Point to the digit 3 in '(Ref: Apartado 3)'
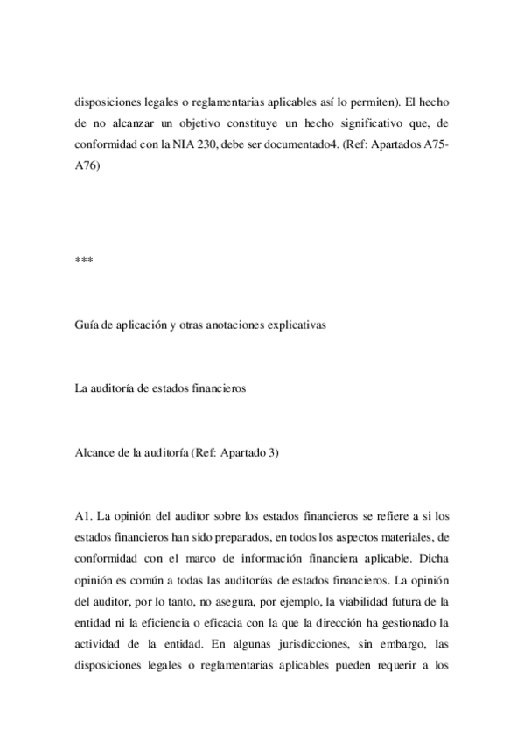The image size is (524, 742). pos(273,452)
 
